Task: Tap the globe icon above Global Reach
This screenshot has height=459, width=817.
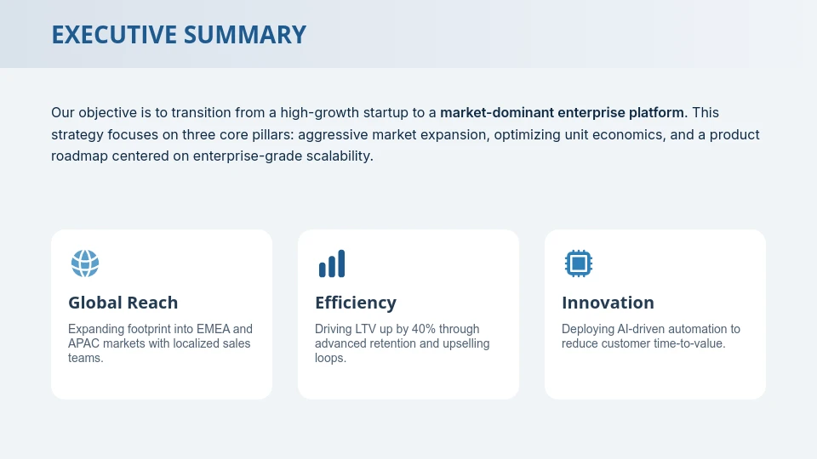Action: point(85,263)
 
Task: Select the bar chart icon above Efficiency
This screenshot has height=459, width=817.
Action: point(332,263)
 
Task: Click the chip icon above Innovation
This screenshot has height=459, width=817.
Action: point(579,263)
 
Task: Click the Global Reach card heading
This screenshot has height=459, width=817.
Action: point(123,303)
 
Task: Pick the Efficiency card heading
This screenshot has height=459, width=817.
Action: point(356,303)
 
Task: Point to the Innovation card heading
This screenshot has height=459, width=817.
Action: point(608,303)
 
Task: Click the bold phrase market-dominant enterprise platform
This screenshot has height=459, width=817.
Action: point(562,112)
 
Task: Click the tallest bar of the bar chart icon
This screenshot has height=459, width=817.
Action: point(341,263)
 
